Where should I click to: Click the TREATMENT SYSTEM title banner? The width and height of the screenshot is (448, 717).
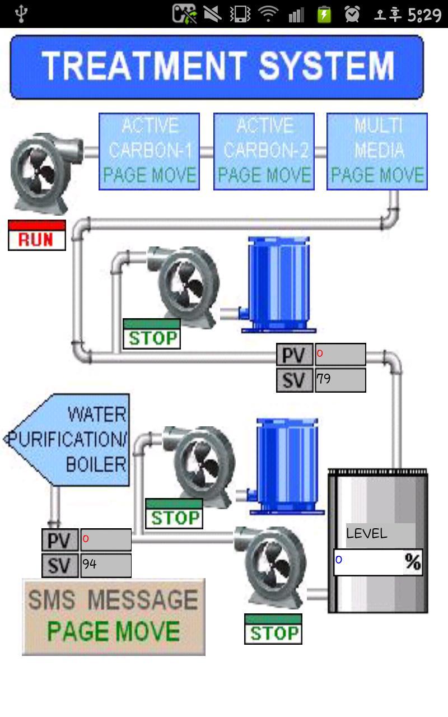tap(217, 67)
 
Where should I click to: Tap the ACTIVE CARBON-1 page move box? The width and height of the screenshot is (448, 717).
tap(150, 151)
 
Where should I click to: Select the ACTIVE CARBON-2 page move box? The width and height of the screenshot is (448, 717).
tap(264, 151)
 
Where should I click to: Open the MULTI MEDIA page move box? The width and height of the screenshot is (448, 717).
tap(377, 151)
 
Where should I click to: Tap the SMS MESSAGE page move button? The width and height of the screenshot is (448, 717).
tap(114, 617)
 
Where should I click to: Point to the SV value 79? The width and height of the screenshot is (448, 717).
tap(340, 380)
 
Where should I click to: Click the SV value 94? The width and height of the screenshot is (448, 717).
tap(106, 565)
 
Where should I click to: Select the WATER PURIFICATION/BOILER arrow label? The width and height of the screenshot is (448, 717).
tap(70, 440)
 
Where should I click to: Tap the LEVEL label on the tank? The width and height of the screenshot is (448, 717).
tap(367, 534)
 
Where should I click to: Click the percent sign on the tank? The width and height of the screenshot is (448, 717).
tap(413, 562)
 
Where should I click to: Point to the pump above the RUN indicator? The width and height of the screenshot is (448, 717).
tap(40, 172)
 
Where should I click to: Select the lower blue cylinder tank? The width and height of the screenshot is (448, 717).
tap(287, 465)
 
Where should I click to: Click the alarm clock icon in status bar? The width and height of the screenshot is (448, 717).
tap(352, 14)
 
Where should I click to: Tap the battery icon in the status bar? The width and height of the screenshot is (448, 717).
tap(324, 14)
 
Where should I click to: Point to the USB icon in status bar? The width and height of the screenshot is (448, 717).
tap(21, 14)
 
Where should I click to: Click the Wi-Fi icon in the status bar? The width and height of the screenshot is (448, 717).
tap(269, 14)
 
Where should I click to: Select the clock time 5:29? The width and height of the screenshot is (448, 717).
tap(424, 14)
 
